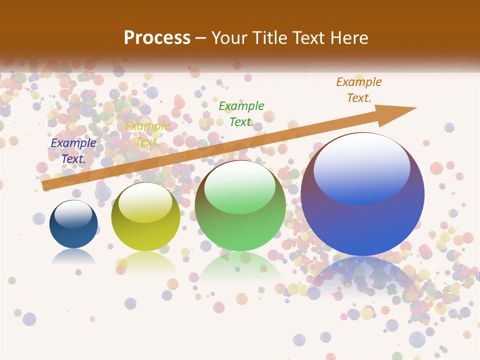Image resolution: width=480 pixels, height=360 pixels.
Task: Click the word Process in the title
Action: click(157, 38)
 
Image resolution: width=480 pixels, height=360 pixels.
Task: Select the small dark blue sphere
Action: click(73, 224)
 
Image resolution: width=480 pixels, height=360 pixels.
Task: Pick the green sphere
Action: click(240, 206)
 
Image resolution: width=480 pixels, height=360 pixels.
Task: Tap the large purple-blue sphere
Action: click(362, 195)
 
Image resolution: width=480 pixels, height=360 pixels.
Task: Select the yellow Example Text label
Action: click(147, 134)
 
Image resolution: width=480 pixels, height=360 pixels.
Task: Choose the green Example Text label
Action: click(241, 113)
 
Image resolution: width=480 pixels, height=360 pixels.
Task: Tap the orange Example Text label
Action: click(358, 89)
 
